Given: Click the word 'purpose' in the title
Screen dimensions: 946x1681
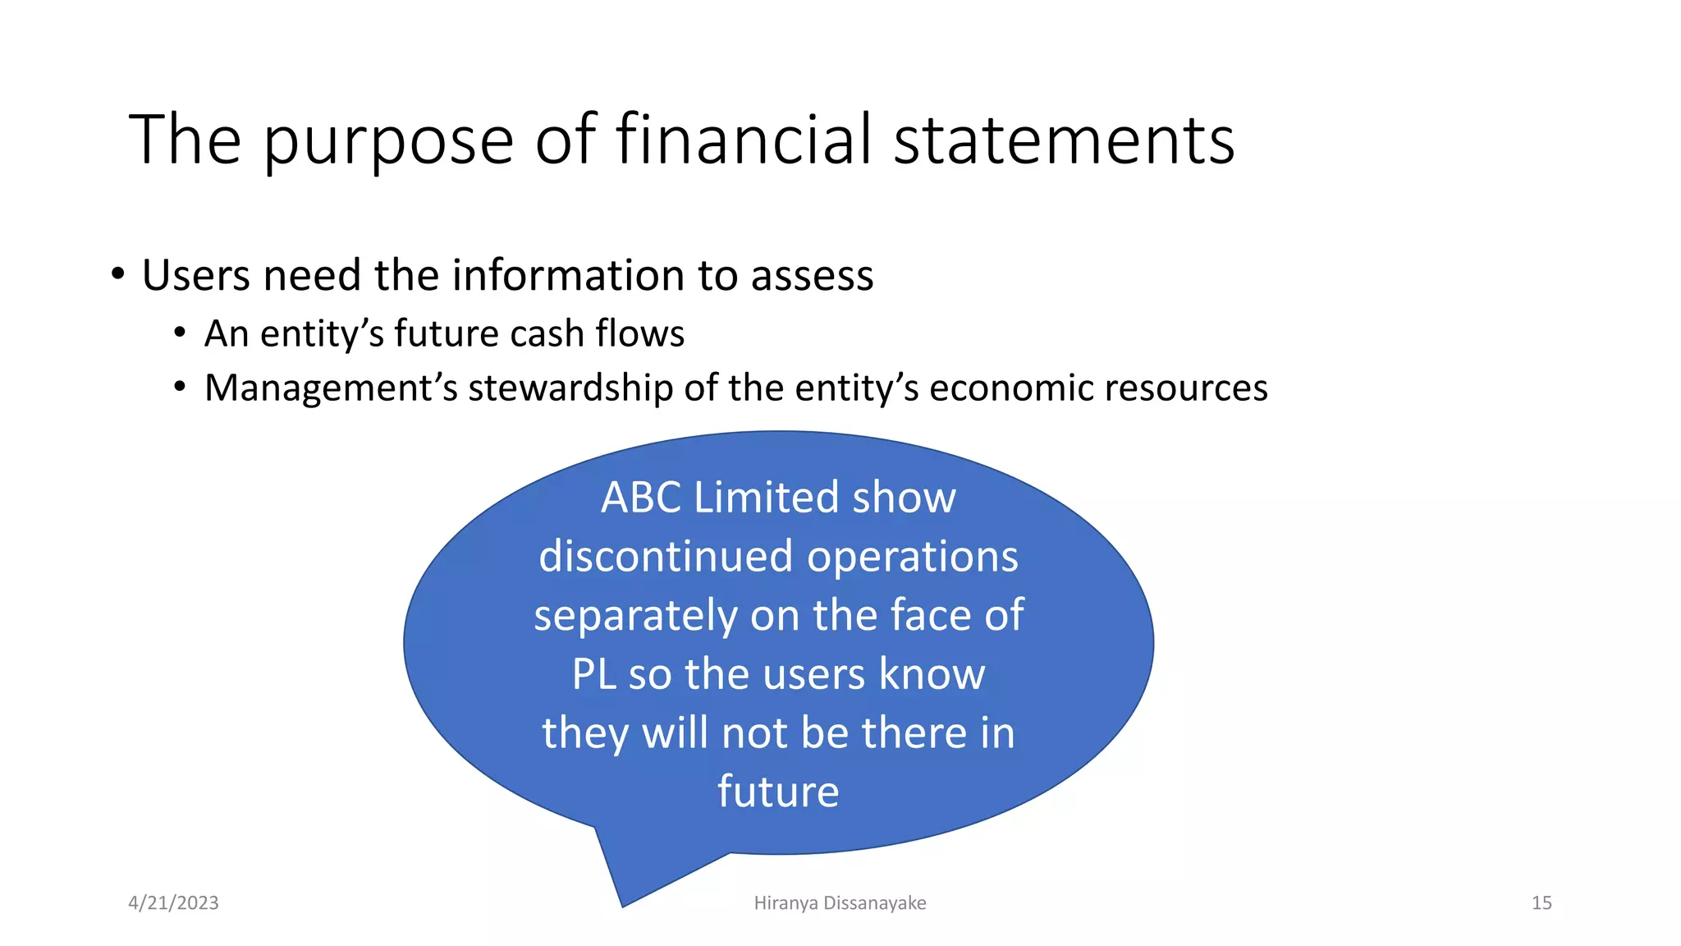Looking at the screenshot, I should [x=388, y=141].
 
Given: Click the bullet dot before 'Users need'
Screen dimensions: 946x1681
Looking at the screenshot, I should [x=118, y=274].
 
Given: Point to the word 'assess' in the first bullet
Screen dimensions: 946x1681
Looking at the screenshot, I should [x=812, y=275].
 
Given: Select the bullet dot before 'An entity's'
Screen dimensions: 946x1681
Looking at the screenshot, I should [x=180, y=333].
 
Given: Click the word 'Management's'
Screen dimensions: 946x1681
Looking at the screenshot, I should [x=330, y=388].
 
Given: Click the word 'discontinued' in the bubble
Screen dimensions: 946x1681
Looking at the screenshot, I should [x=666, y=556].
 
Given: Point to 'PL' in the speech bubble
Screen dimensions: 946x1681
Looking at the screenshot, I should [x=593, y=674].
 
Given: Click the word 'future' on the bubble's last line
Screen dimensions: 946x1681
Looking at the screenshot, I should [x=778, y=792].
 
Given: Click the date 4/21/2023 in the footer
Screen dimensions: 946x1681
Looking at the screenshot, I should [x=173, y=902].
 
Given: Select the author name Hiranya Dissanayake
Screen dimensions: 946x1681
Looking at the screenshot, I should [x=840, y=902].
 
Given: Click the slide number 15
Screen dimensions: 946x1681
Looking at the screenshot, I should [x=1541, y=902].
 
